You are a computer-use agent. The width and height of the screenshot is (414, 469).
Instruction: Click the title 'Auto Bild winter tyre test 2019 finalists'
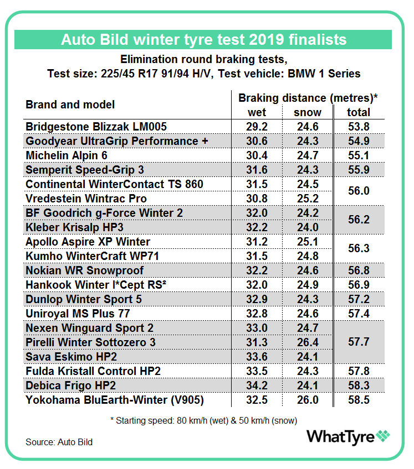tap(203, 40)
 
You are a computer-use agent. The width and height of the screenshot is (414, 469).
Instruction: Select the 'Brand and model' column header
tap(70, 105)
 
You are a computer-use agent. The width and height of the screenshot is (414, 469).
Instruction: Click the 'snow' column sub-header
tap(308, 112)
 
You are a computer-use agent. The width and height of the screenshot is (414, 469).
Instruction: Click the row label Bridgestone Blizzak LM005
tap(96, 127)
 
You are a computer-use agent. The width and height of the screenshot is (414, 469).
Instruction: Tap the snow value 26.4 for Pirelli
tap(308, 342)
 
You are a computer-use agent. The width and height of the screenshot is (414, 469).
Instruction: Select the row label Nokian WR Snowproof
tap(85, 270)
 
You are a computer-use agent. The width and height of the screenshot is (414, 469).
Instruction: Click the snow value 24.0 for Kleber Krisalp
tap(308, 227)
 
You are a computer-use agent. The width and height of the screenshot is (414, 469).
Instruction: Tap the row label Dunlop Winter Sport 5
tap(84, 299)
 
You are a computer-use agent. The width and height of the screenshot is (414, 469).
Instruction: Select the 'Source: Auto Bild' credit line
tap(59, 442)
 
